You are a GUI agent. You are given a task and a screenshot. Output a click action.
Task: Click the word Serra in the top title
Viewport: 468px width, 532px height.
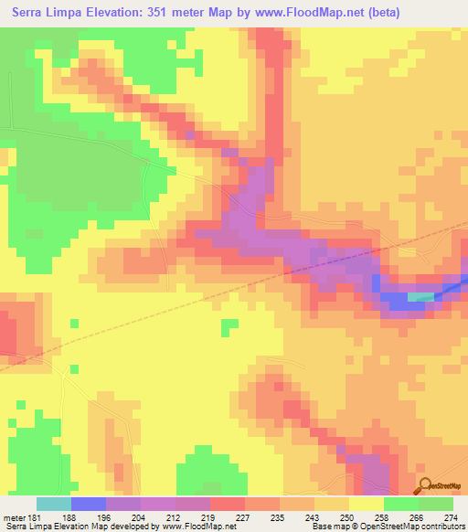pos(34,12)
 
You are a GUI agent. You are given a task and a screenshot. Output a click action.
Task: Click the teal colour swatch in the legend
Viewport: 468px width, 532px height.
pos(53,504)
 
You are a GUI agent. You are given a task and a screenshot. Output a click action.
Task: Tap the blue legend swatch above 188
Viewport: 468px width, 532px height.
pos(88,504)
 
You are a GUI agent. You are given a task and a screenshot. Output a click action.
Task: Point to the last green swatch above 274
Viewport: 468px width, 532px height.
pos(435,504)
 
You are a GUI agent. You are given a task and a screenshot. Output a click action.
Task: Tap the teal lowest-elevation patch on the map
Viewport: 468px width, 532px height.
pos(421,296)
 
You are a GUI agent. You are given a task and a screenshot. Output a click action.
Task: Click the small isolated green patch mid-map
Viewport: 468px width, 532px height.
pos(229,326)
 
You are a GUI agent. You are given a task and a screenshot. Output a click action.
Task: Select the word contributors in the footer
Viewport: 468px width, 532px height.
pos(441,527)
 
